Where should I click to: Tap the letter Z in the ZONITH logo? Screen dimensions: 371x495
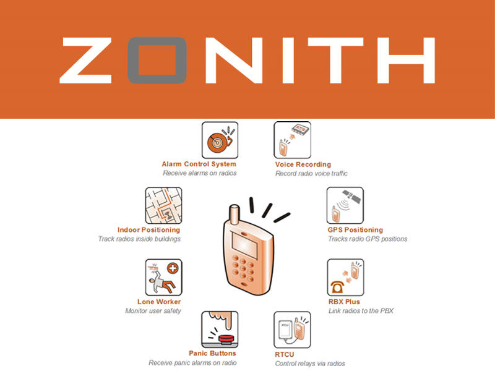click(x=90, y=60)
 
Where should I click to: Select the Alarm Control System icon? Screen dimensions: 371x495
click(x=220, y=140)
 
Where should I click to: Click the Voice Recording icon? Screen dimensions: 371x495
click(x=292, y=140)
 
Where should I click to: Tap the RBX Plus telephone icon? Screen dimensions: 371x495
click(x=345, y=278)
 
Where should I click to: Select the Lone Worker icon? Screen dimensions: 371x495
click(x=163, y=278)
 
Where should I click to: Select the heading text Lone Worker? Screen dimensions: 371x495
click(x=159, y=302)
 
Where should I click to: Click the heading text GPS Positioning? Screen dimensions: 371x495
click(x=355, y=230)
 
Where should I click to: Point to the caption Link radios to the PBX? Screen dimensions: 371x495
click(x=361, y=311)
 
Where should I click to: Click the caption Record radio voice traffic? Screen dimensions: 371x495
click(x=311, y=174)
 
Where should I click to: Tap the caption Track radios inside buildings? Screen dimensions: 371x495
click(x=139, y=239)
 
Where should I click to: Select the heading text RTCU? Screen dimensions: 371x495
click(x=285, y=354)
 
